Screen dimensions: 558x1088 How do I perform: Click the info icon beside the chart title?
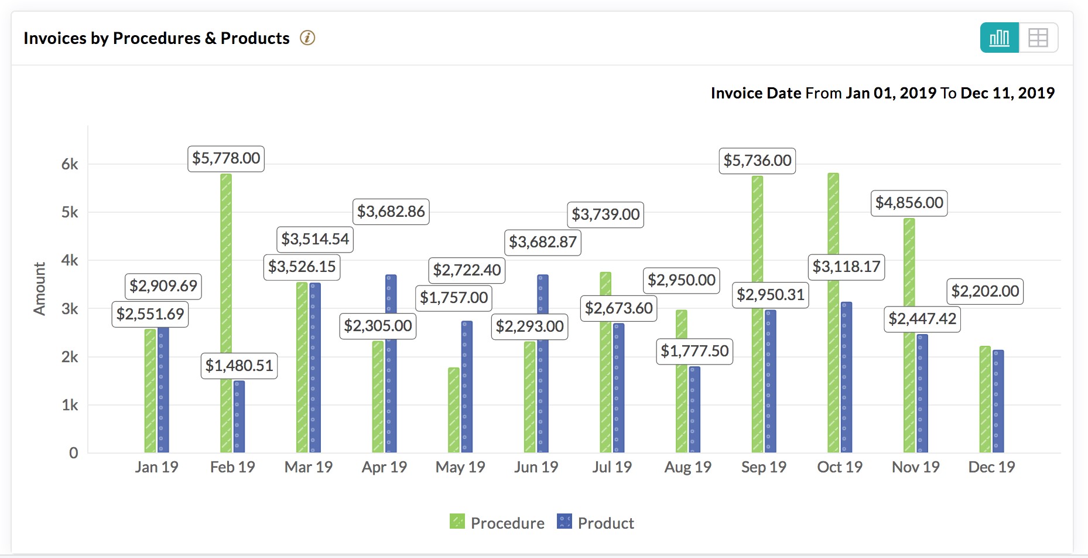pos(307,38)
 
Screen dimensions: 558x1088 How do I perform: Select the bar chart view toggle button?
pos(999,38)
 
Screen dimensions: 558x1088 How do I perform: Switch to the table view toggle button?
pos(1038,38)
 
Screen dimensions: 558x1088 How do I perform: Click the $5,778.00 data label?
pos(226,158)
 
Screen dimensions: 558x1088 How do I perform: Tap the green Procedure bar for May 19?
pos(454,410)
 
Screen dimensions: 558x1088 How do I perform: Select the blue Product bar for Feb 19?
pos(240,416)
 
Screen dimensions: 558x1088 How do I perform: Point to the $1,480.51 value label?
pos(239,366)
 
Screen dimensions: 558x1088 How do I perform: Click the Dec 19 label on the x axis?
pos(991,467)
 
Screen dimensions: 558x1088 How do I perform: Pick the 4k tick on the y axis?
pos(70,260)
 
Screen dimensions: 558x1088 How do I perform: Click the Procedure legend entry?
pos(497,523)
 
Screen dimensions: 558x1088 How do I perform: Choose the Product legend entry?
pos(596,523)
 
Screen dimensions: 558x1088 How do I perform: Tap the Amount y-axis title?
pos(39,288)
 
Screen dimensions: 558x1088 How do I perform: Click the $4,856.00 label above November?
pos(909,203)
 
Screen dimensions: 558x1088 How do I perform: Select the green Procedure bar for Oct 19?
pos(833,363)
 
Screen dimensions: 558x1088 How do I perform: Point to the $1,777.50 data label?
pos(694,351)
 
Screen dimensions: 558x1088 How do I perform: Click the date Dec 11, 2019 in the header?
pos(1007,93)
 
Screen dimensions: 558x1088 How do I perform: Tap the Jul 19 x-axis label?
pos(612,467)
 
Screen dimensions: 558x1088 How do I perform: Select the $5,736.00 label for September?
pos(757,161)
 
